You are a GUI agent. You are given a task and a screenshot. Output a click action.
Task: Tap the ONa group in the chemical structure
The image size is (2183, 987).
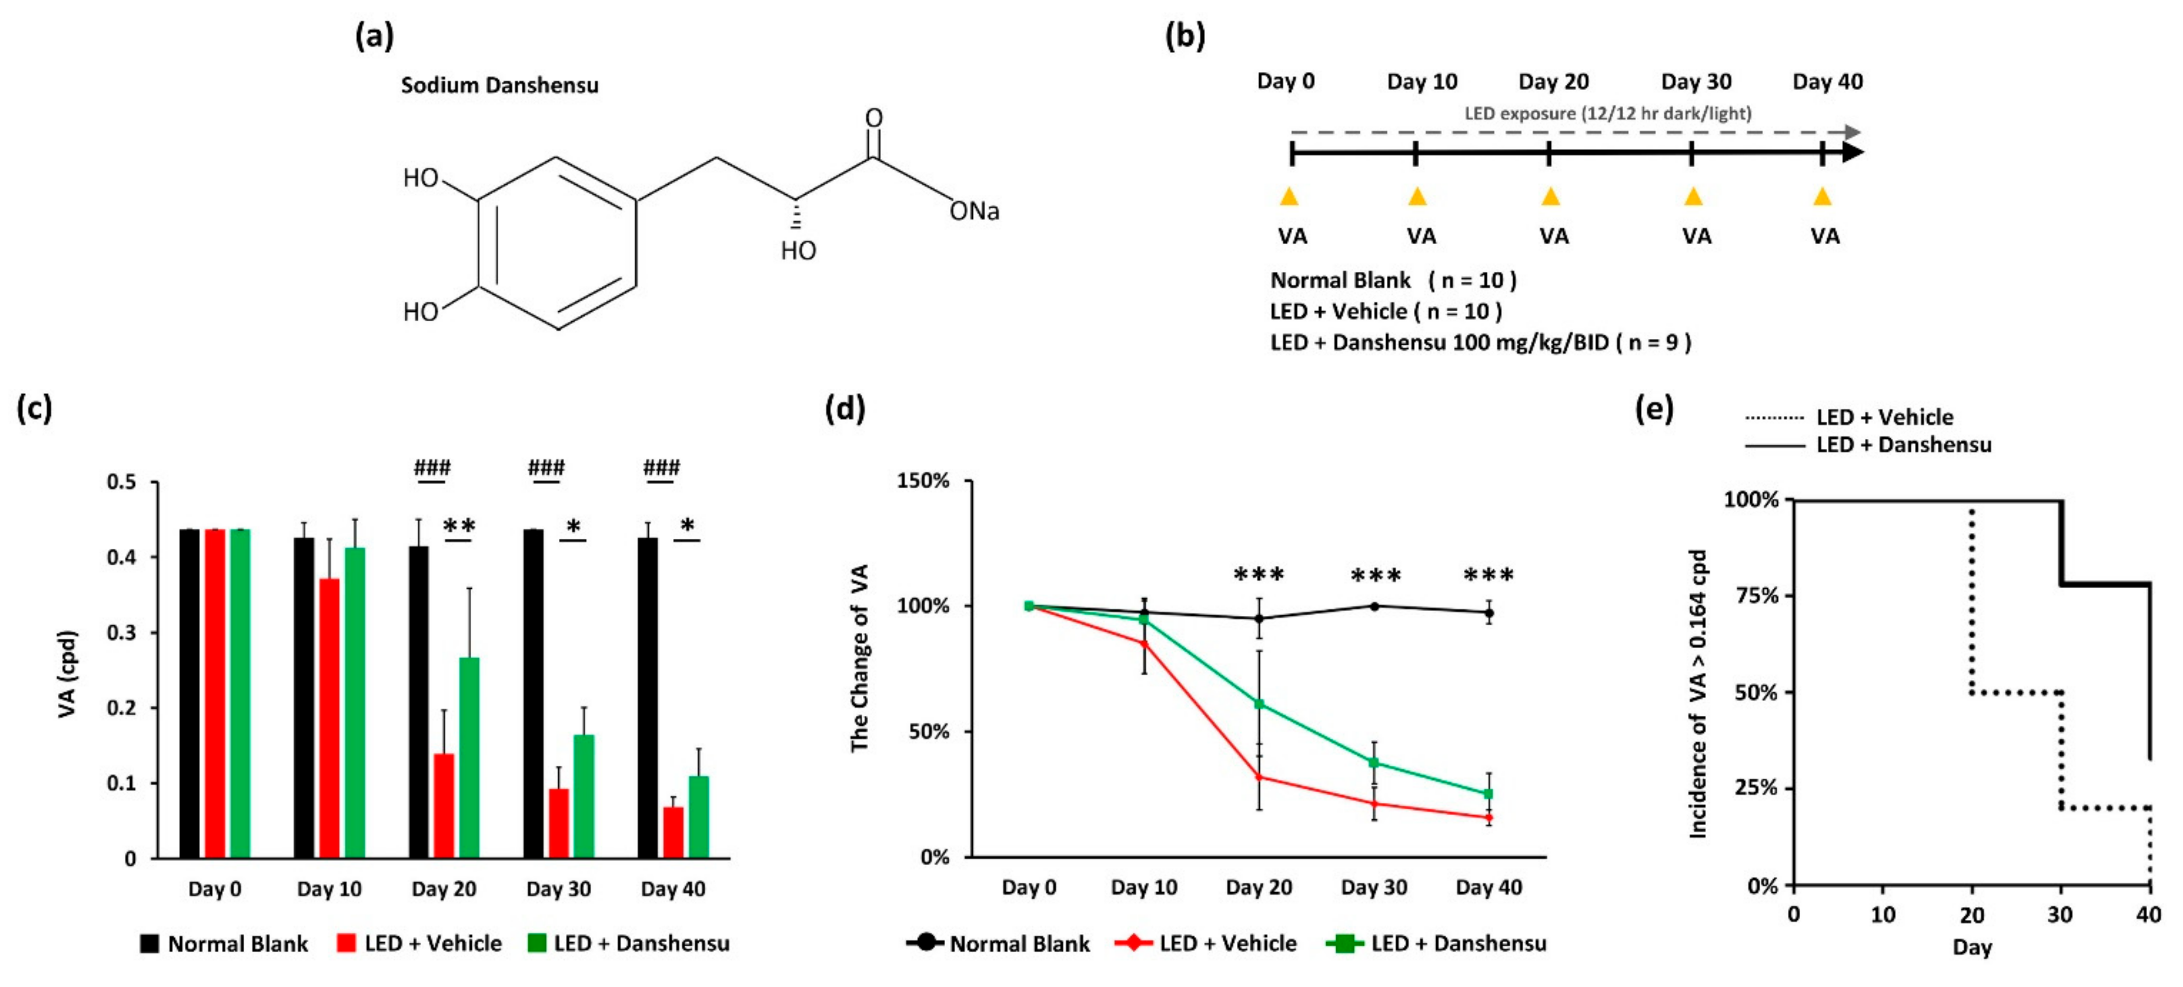pos(974,211)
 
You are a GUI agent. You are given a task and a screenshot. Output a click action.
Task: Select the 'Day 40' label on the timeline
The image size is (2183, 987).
pos(1827,82)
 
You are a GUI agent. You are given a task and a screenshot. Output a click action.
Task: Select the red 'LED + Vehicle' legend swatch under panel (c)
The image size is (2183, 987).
pos(346,943)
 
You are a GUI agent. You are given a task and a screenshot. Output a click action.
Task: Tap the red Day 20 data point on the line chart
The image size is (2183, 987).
pos(1259,776)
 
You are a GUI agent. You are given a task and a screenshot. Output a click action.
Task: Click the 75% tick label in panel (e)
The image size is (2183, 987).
pos(1752,596)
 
